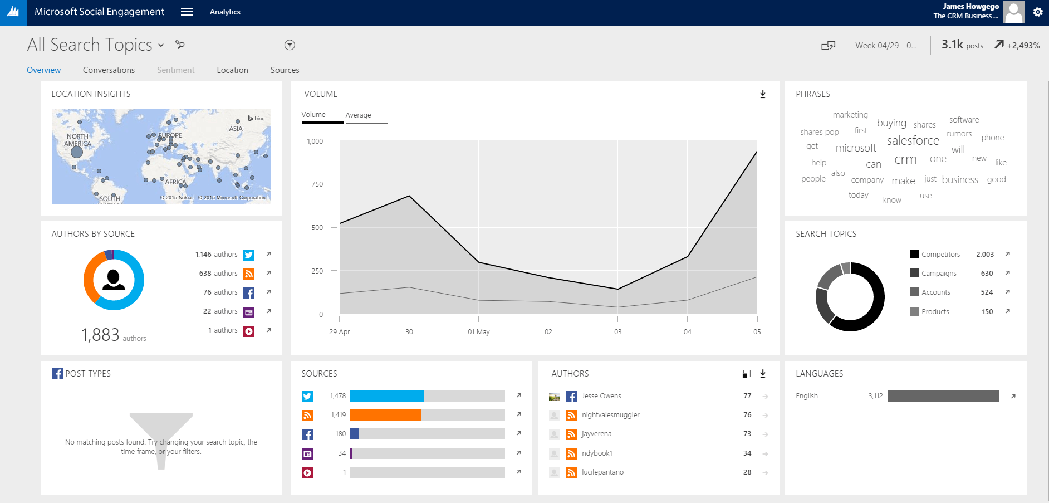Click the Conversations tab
[109, 70]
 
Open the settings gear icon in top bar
[1038, 12]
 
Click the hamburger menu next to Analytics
[187, 12]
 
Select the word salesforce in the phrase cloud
[913, 141]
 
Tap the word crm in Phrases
[905, 160]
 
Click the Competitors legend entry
[940, 255]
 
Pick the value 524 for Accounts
[987, 292]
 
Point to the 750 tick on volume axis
[317, 184]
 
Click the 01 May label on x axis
[478, 332]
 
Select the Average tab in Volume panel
[358, 115]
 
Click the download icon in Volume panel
[763, 94]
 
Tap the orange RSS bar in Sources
[385, 415]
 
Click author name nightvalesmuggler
[610, 415]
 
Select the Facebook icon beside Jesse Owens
[571, 397]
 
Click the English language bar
[943, 396]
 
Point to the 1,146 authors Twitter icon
[249, 255]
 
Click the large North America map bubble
[77, 152]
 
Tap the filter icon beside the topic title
[290, 45]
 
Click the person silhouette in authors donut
[114, 279]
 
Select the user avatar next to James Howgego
[1013, 12]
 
